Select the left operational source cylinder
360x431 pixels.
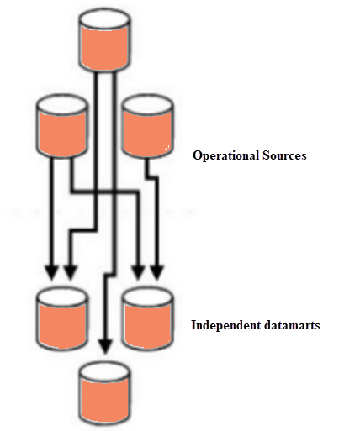click(x=61, y=126)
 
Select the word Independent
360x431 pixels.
click(x=224, y=324)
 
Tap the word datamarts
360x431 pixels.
click(x=289, y=324)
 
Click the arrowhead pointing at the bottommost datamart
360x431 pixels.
click(x=103, y=344)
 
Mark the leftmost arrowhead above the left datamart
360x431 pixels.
click(x=50, y=271)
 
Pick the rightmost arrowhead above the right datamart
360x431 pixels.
click(x=157, y=271)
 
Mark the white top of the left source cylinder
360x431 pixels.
click(x=61, y=105)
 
